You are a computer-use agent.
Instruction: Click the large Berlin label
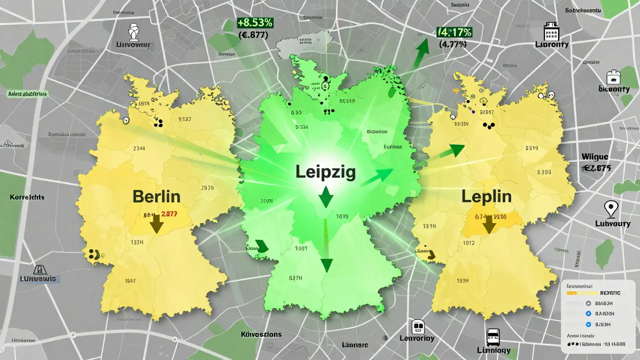click(156, 196)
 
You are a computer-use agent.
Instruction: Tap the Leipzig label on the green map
click(325, 172)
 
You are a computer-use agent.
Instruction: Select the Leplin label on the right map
click(486, 196)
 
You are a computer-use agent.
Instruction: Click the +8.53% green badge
click(254, 23)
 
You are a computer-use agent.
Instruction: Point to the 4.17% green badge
click(454, 32)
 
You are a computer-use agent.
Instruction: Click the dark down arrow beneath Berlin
click(156, 223)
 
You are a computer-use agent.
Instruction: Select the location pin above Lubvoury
click(610, 208)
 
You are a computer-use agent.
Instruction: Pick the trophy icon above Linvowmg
click(134, 31)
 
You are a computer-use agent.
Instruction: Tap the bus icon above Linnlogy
click(492, 336)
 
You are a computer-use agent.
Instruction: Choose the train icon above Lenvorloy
click(418, 327)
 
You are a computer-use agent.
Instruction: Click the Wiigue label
click(595, 157)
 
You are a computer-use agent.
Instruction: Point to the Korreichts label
click(27, 197)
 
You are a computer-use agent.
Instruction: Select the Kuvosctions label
click(260, 334)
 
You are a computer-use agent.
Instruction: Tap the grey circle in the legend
click(588, 303)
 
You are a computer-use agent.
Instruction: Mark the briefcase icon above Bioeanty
click(613, 77)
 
